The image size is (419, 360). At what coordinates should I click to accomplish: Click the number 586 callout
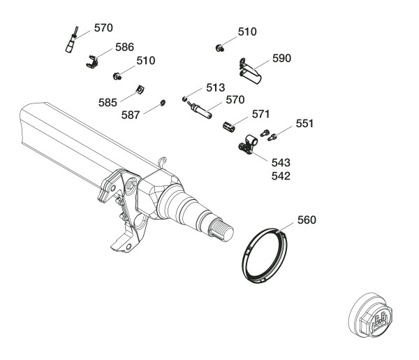point(124,47)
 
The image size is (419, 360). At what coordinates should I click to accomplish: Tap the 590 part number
point(282,57)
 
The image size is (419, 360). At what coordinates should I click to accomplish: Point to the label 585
point(108,103)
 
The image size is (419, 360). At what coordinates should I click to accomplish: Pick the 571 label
point(260,113)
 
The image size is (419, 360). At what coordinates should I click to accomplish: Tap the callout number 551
point(304,123)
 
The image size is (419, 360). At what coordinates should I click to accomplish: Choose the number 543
point(280,162)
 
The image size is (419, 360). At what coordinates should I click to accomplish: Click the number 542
point(280,176)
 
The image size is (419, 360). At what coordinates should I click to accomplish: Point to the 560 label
point(307,219)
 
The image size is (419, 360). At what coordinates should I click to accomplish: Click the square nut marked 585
point(138,89)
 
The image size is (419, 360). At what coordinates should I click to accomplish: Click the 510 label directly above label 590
point(247,32)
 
